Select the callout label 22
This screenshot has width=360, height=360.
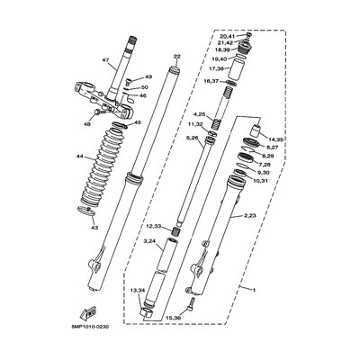pyautogui.click(x=176, y=57)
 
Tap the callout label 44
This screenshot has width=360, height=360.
pyautogui.click(x=80, y=157)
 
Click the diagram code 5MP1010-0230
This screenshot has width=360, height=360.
pyautogui.click(x=86, y=326)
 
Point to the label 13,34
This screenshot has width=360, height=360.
pyautogui.click(x=136, y=291)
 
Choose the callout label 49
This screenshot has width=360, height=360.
pyautogui.click(x=148, y=77)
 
